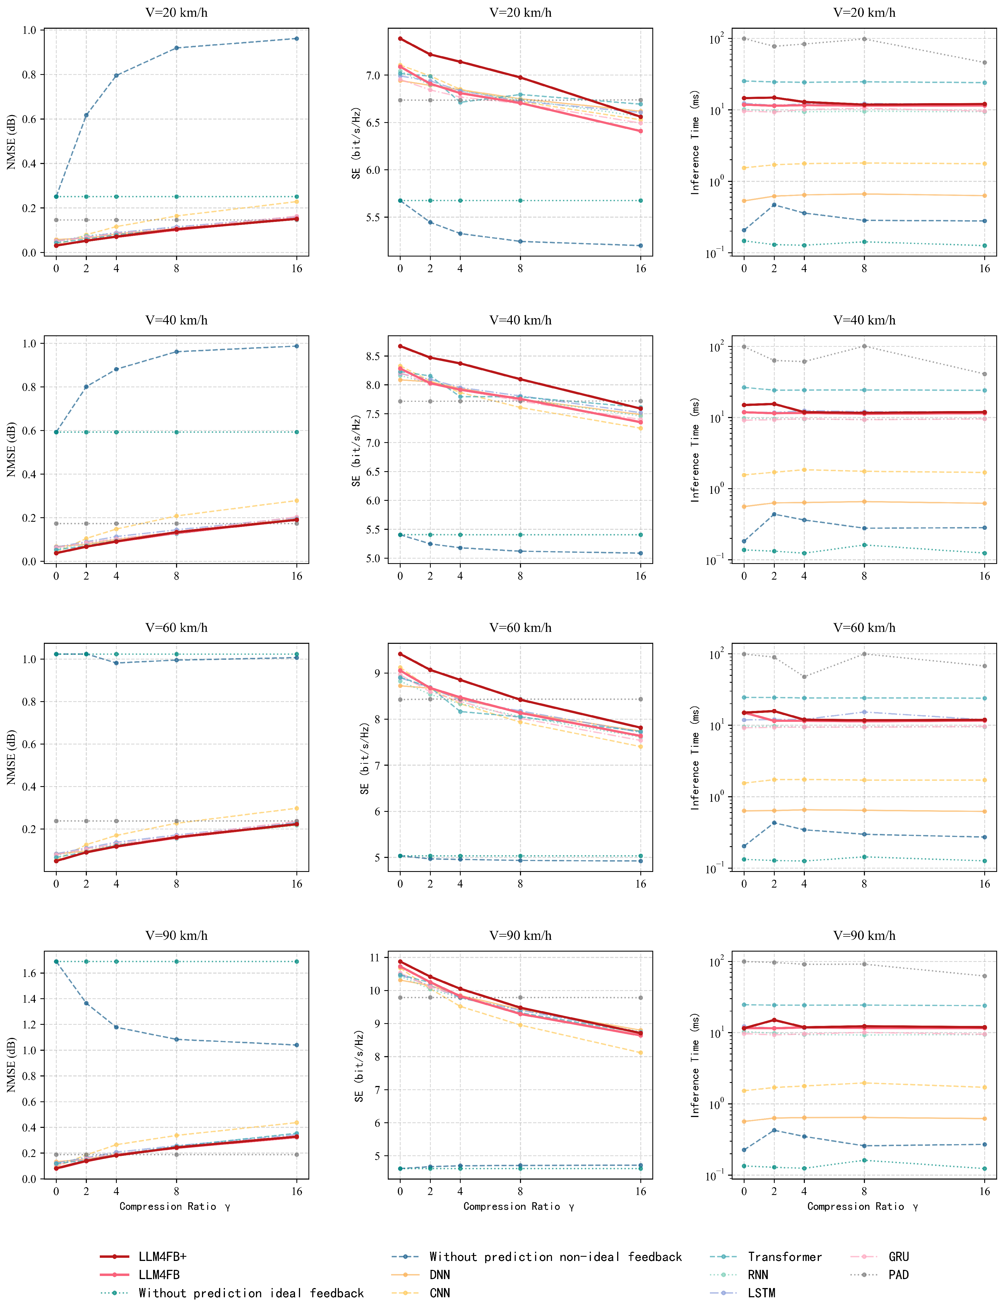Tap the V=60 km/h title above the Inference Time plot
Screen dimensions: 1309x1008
click(x=864, y=627)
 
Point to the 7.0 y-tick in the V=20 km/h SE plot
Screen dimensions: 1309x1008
click(x=373, y=75)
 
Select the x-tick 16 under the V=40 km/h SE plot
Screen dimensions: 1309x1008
click(x=641, y=576)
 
